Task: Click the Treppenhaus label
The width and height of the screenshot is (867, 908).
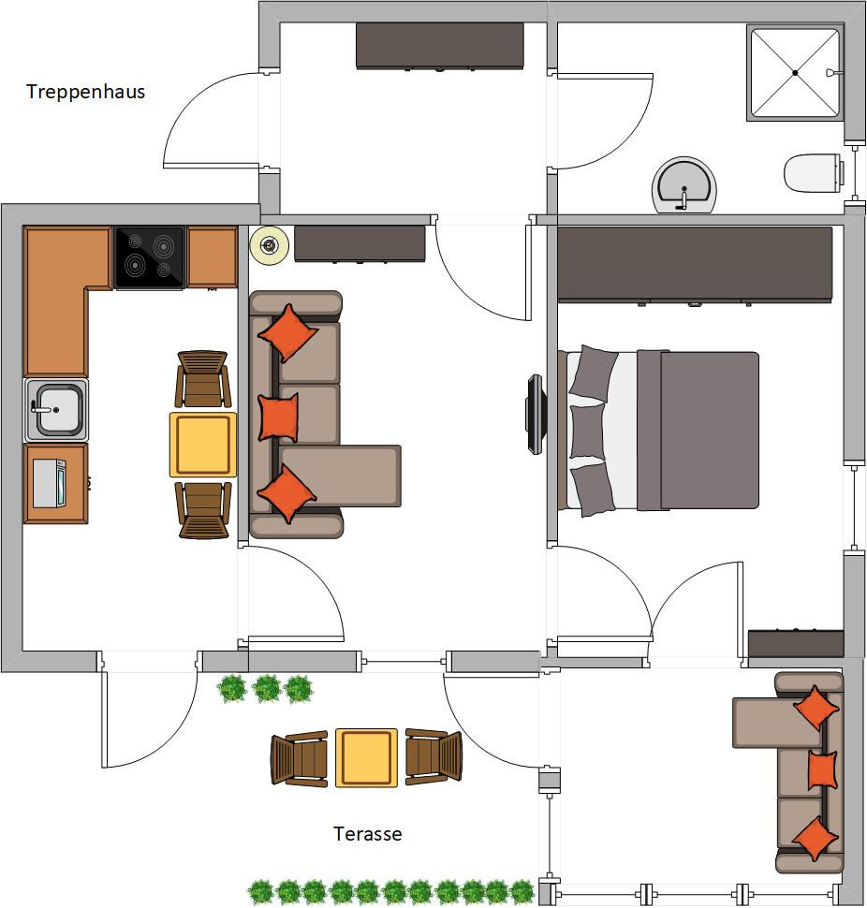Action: [86, 92]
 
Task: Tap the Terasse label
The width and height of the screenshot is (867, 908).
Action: [368, 833]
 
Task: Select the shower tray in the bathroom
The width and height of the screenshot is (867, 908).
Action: [795, 73]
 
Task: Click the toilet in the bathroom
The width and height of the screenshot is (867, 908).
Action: [813, 172]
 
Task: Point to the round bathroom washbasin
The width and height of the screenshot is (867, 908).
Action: [684, 185]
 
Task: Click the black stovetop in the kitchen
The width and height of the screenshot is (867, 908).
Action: [150, 257]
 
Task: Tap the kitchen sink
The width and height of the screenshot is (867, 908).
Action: [56, 409]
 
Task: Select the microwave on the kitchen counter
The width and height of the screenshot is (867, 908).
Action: [50, 484]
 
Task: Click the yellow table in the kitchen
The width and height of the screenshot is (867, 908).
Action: [202, 445]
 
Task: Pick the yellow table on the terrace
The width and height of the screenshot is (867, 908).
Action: [367, 758]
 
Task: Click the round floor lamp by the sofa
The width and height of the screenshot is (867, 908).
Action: [270, 245]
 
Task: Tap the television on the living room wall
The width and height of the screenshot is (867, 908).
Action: [536, 414]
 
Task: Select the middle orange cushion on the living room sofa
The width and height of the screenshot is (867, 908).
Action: [279, 417]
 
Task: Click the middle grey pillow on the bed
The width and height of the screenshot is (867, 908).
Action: [587, 432]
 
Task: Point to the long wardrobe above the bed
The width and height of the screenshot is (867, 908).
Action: [695, 264]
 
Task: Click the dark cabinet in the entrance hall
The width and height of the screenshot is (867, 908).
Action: [440, 46]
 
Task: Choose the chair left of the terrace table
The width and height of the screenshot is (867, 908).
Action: [300, 758]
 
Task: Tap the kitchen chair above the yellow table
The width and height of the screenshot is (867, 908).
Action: [202, 379]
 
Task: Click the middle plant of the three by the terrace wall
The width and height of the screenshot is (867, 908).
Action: [267, 689]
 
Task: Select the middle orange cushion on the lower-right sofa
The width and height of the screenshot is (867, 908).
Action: [822, 770]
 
